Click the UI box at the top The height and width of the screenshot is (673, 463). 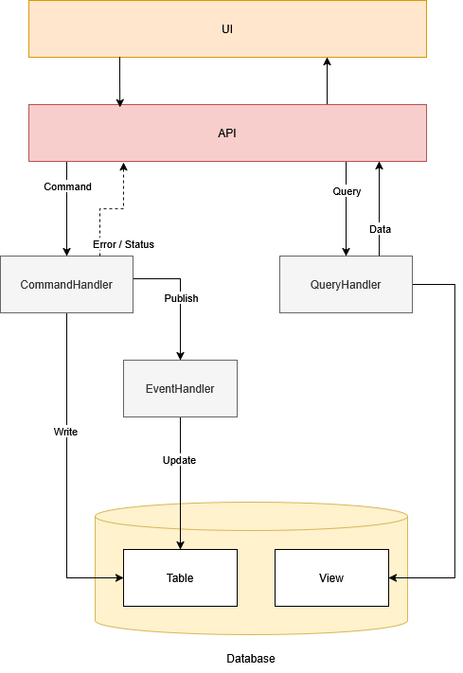(x=227, y=29)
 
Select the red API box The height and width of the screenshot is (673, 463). (x=227, y=133)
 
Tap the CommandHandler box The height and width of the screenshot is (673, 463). (x=66, y=284)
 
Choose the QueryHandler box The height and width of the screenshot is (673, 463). (x=346, y=284)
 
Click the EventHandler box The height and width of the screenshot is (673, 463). (x=180, y=388)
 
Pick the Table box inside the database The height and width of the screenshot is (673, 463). (x=180, y=577)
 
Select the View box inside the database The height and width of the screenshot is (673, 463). (x=331, y=577)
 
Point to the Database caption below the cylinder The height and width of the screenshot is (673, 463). (x=251, y=658)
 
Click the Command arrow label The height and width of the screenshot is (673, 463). (x=68, y=186)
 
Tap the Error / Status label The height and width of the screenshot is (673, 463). (x=123, y=244)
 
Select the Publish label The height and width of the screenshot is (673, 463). (x=181, y=298)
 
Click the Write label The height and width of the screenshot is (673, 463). (x=65, y=432)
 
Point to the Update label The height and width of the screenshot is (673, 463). (x=180, y=460)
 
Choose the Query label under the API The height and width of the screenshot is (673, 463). (x=347, y=191)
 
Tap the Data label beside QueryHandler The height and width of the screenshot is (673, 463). (x=380, y=229)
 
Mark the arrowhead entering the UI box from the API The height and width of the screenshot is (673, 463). (x=327, y=62)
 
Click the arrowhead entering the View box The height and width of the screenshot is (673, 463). (x=393, y=577)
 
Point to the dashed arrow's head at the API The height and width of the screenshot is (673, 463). (x=123, y=167)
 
